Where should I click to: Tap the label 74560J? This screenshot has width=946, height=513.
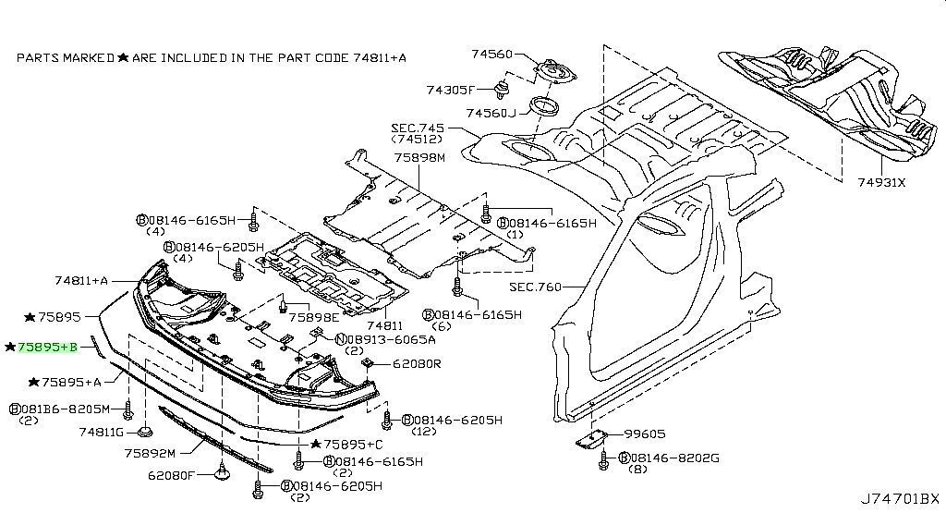tap(491, 113)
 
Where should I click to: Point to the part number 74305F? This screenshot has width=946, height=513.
tap(450, 90)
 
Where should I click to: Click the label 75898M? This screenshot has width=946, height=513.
tap(419, 157)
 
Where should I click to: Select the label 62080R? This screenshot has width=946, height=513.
tap(417, 363)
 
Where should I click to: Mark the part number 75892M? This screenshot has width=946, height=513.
tap(152, 454)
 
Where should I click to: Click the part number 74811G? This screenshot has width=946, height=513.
tap(102, 432)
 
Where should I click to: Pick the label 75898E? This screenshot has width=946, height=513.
tap(313, 317)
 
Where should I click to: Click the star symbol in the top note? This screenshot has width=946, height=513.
tap(122, 57)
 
